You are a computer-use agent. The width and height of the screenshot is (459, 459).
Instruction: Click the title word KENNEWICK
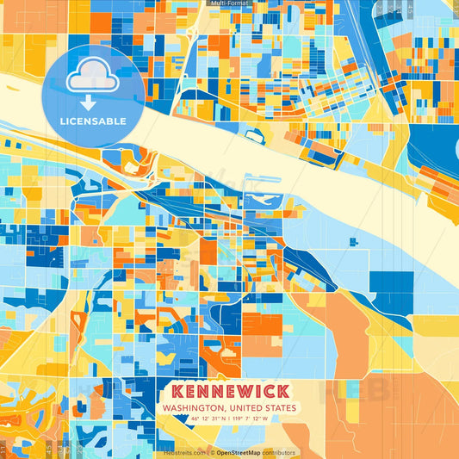[226, 390]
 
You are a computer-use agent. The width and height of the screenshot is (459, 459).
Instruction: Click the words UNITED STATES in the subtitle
[260, 408]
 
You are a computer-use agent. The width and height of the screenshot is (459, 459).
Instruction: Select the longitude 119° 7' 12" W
[249, 419]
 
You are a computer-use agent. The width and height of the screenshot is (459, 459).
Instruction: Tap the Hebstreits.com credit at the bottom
[184, 452]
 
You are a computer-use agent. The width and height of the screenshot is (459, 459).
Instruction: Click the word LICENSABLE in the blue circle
[93, 121]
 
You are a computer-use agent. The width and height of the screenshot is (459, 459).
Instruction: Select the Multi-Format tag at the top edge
[228, 3]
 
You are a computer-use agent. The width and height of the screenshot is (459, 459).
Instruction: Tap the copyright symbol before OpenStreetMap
[211, 452]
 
